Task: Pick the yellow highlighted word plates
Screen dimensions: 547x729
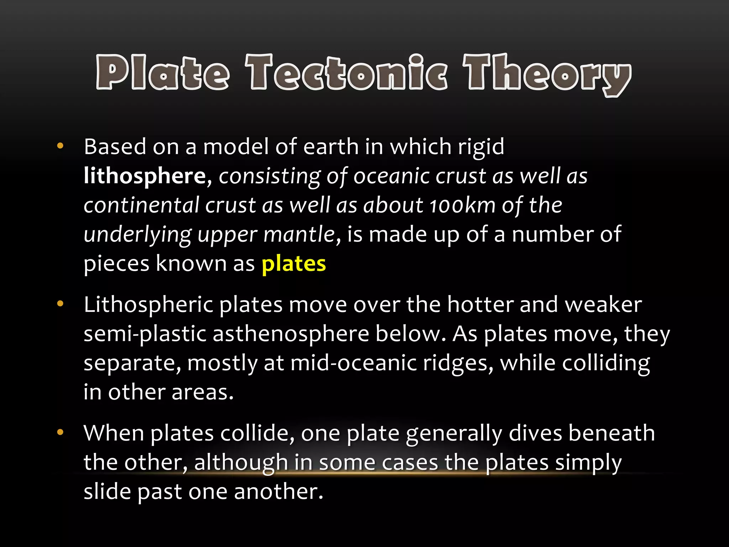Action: click(294, 264)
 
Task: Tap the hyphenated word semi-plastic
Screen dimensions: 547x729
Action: click(145, 335)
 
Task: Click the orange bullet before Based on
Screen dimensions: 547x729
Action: click(60, 146)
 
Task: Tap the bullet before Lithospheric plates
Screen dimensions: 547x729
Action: click(60, 304)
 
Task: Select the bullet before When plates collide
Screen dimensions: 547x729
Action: click(60, 432)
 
